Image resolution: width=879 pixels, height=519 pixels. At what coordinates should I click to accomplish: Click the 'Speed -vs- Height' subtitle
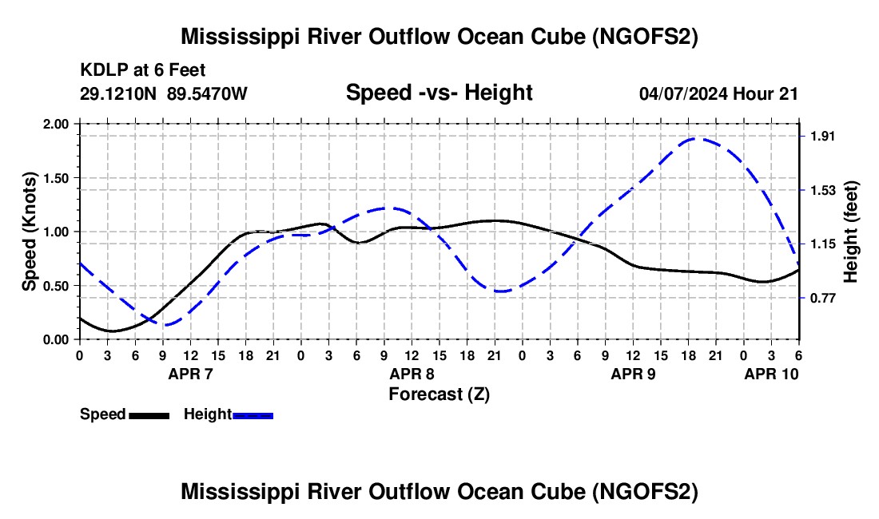[439, 93]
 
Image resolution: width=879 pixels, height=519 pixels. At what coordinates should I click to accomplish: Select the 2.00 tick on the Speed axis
[56, 125]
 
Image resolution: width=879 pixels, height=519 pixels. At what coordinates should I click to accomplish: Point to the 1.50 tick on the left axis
[56, 178]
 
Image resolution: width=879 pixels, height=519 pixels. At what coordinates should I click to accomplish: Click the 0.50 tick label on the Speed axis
[56, 286]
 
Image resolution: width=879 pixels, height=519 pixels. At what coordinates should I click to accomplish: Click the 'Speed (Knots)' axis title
[30, 232]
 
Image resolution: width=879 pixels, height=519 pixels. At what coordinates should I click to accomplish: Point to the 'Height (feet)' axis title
[851, 232]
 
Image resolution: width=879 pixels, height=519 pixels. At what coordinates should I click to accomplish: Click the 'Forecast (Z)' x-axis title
[439, 394]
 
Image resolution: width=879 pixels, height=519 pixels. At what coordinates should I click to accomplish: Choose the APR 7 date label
[189, 374]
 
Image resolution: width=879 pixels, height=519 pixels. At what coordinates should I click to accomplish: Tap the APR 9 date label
[633, 374]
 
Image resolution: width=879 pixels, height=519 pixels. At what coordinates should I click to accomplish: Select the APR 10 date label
[771, 374]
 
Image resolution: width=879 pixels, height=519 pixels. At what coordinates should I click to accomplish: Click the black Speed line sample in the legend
[149, 415]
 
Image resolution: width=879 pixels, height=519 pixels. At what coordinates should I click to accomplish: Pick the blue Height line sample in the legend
[253, 415]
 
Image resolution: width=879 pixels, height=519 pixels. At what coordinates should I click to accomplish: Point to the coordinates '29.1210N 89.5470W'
[164, 93]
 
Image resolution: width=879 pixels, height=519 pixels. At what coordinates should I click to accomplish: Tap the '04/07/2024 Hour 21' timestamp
[718, 93]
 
